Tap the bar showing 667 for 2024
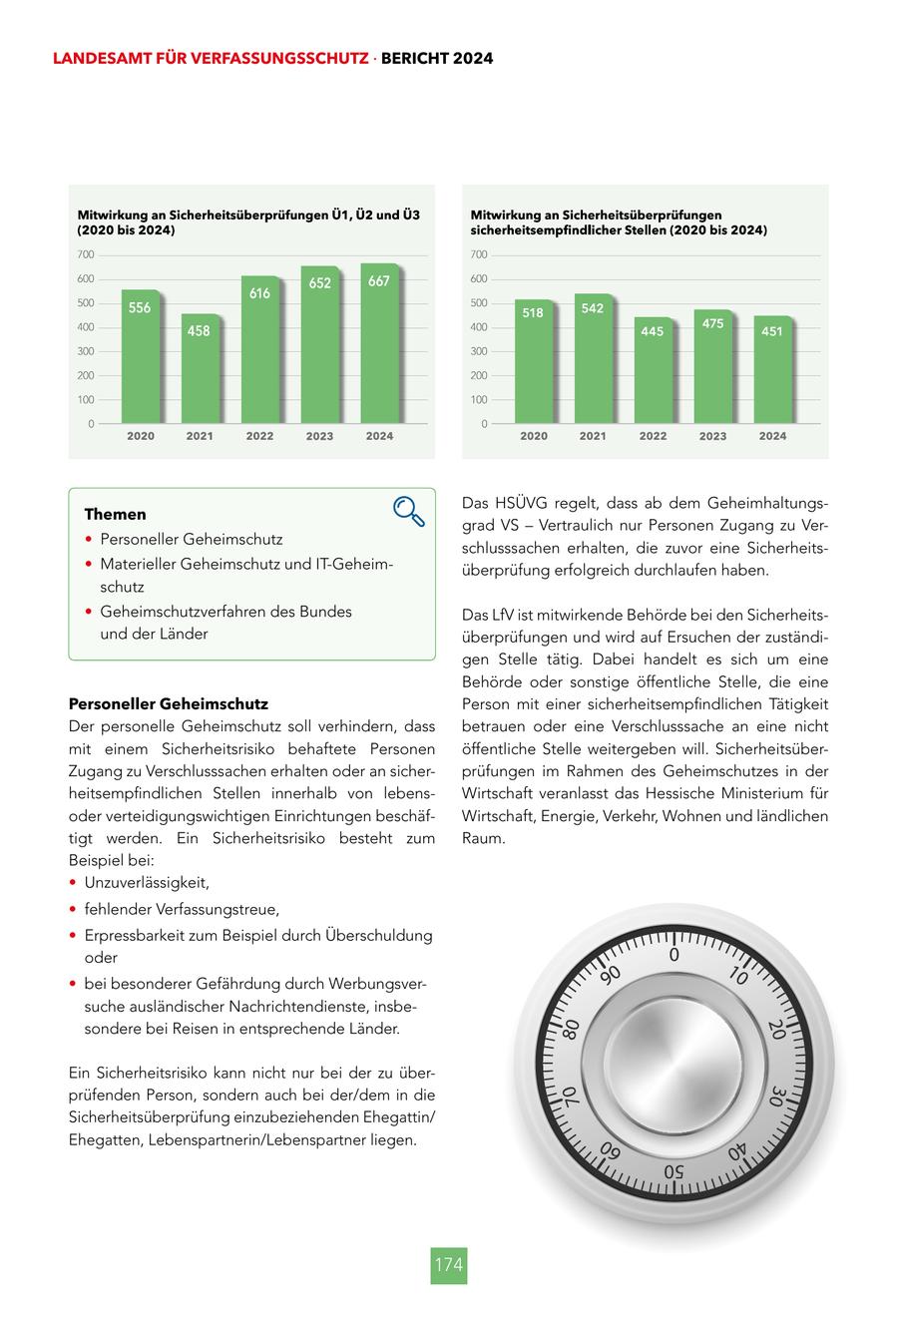pyautogui.click(x=379, y=344)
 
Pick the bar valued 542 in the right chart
pyautogui.click(x=593, y=359)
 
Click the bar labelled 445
pyautogui.click(x=653, y=371)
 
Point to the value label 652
pyautogui.click(x=319, y=283)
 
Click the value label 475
pyautogui.click(x=712, y=324)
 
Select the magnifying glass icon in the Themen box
pyautogui.click(x=409, y=511)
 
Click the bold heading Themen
pyautogui.click(x=115, y=515)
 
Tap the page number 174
pyautogui.click(x=449, y=1265)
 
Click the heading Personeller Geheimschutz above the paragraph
pyautogui.click(x=169, y=704)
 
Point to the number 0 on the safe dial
pyautogui.click(x=674, y=956)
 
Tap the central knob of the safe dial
pyautogui.click(x=674, y=1064)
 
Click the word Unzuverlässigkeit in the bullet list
pyautogui.click(x=147, y=883)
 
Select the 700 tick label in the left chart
pyautogui.click(x=85, y=255)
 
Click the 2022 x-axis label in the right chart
pyautogui.click(x=653, y=436)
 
